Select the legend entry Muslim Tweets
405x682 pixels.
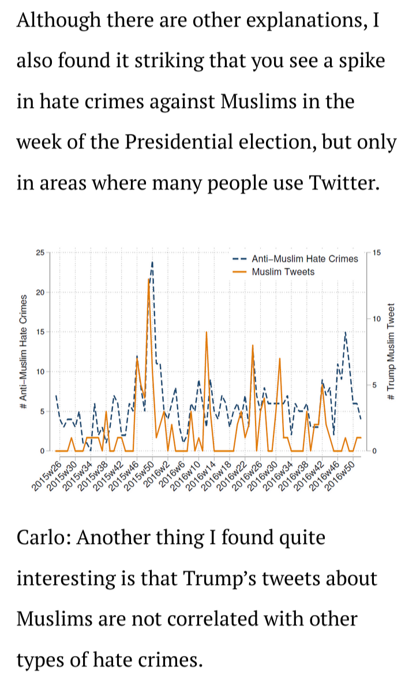tap(283, 271)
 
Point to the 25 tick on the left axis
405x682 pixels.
tap(39, 253)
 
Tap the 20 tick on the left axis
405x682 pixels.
tap(39, 292)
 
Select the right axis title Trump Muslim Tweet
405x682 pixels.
tap(392, 353)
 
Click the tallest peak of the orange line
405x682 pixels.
tap(149, 280)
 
